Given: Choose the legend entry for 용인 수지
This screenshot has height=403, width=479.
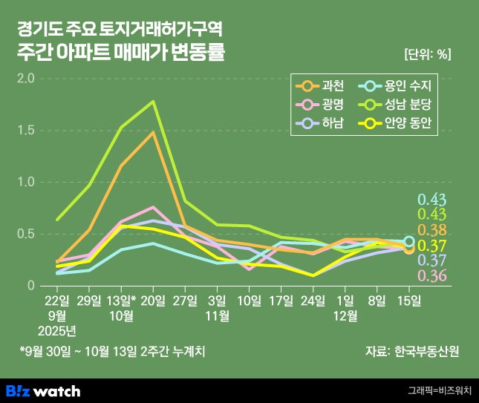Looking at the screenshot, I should pos(401,84).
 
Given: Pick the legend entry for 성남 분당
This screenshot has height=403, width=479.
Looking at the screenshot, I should pos(401,103).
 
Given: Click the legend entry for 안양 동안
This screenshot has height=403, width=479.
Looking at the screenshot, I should pos(401,122).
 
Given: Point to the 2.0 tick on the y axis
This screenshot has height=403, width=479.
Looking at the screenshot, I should pos(26,78).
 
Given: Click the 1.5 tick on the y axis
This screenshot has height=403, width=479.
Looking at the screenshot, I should pos(26,130).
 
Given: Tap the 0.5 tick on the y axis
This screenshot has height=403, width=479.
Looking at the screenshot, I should pos(26,234).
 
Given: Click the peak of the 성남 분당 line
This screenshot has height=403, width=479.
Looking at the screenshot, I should pos(154,102).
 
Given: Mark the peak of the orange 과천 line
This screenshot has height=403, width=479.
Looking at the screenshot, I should pos(154,133).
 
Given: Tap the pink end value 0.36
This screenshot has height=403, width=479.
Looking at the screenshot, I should pos(432,276).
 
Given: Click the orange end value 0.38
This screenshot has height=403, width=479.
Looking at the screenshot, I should pos(432,230).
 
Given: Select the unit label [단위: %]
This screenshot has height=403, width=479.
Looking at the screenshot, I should pos(428,54).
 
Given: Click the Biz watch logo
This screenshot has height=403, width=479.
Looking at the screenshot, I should pos(43,390).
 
